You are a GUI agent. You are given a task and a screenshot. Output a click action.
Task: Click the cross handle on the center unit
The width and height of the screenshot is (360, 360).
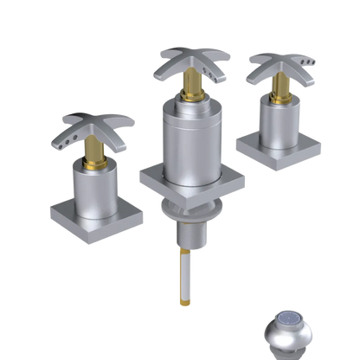(186, 65)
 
